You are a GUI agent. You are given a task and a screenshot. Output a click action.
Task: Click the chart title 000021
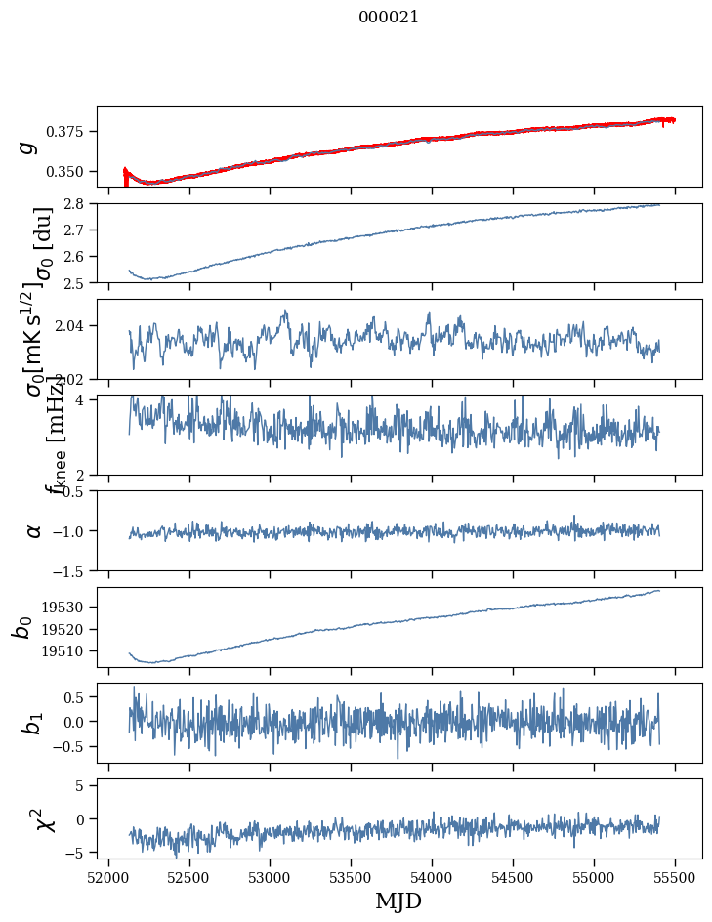click(389, 17)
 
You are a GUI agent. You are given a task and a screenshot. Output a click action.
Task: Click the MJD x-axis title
click(398, 901)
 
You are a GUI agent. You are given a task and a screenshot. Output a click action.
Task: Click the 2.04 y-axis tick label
click(75, 326)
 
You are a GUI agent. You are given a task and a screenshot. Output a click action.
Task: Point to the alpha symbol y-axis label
click(34, 530)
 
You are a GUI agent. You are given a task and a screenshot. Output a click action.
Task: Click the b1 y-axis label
click(34, 723)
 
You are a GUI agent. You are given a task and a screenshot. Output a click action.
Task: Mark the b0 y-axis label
click(23, 627)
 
